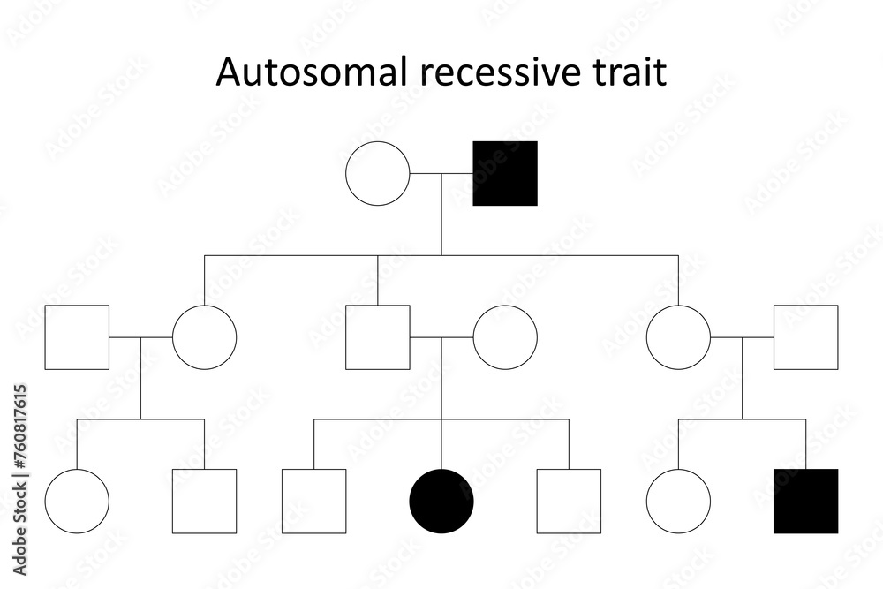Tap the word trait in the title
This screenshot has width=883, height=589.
click(x=630, y=72)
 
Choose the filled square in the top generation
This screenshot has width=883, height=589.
click(x=505, y=173)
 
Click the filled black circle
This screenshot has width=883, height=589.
click(x=441, y=502)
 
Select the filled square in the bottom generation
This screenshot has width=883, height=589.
click(x=806, y=502)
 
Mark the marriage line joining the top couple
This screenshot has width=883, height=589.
click(x=441, y=173)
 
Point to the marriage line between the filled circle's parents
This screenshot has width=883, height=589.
click(x=441, y=337)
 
